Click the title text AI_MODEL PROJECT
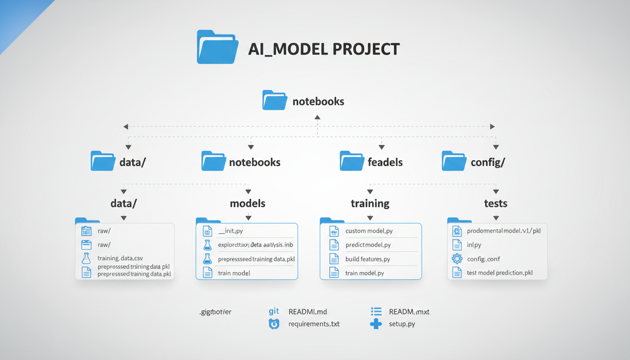point(323,49)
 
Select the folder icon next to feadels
point(352,161)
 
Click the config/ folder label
point(487,163)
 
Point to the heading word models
point(247,203)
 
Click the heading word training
point(370,203)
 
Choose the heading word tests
point(495,203)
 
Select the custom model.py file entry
point(369,231)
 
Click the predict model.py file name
point(368,245)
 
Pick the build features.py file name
point(367,259)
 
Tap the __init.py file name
point(231,231)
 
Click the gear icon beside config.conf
point(457,258)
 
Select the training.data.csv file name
point(120,258)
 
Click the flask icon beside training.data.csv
point(86,258)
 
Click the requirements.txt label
point(314,324)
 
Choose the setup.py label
point(402,324)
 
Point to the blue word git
point(274,311)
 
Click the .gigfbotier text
point(216,312)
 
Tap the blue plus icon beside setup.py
point(375,324)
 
